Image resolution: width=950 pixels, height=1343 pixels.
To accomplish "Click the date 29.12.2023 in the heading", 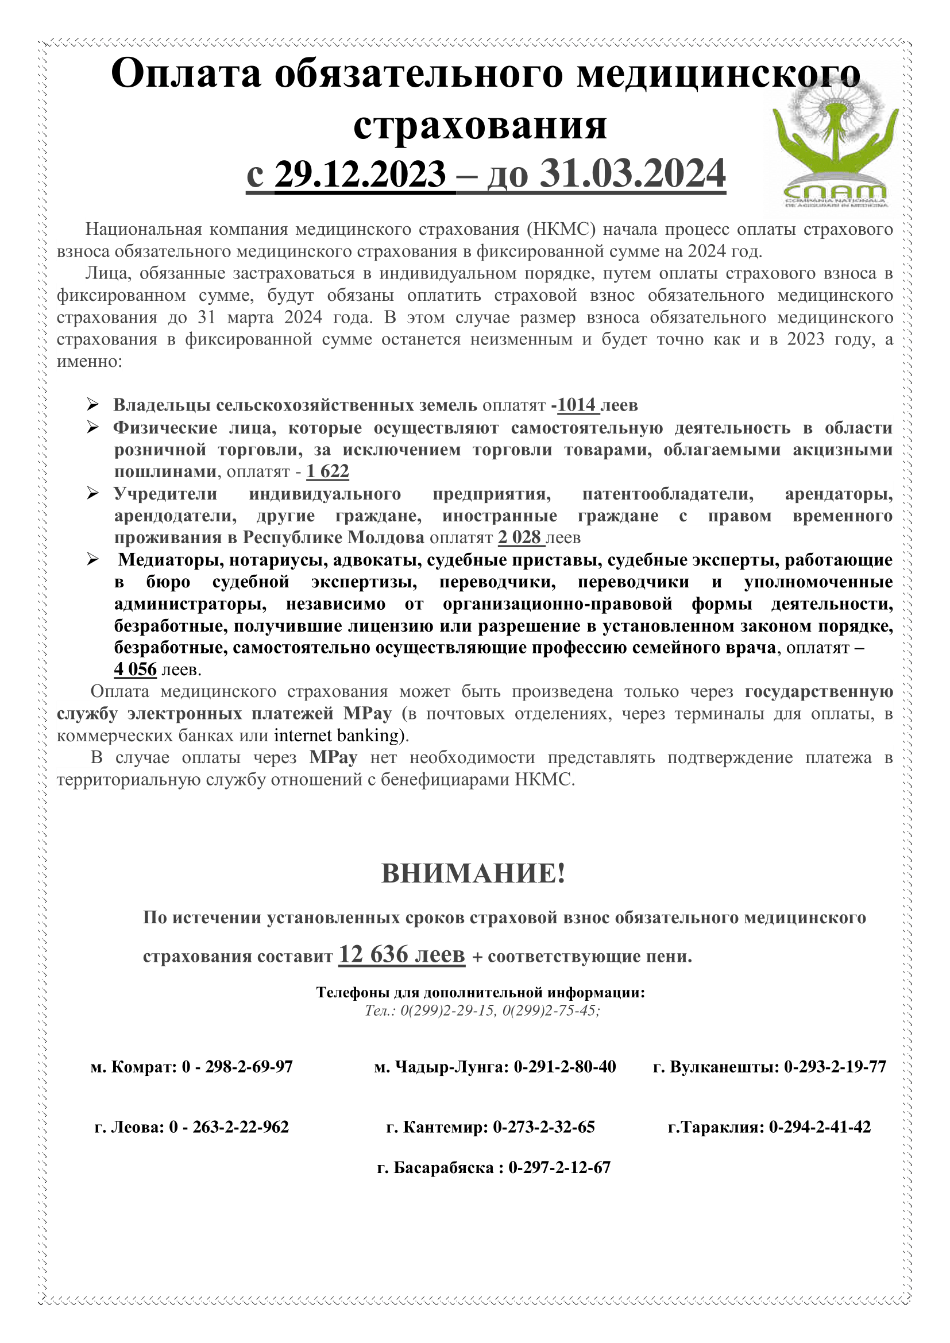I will pyautogui.click(x=360, y=174).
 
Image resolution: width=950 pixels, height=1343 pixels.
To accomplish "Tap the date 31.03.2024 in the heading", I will pyautogui.click(x=632, y=174).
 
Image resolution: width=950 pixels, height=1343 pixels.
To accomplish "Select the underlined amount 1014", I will pyautogui.click(x=576, y=405).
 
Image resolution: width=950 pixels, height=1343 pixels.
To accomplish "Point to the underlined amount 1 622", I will pyautogui.click(x=327, y=471).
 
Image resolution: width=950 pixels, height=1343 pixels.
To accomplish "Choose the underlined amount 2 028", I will pyautogui.click(x=519, y=537).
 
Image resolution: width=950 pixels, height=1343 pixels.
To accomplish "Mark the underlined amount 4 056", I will pyautogui.click(x=135, y=669).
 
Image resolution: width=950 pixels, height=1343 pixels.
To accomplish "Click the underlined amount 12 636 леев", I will pyautogui.click(x=402, y=955).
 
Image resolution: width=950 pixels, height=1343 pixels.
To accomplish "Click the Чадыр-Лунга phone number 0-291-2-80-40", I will pyautogui.click(x=565, y=1066).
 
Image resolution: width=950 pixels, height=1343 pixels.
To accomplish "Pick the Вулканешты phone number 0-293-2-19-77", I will pyautogui.click(x=835, y=1066).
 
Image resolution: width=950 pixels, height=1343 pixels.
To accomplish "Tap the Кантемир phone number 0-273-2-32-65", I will pyautogui.click(x=543, y=1127).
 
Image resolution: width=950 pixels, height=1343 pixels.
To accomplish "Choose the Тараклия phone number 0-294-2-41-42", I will pyautogui.click(x=820, y=1127).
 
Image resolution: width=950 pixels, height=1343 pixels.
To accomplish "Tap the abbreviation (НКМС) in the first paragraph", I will pyautogui.click(x=561, y=229).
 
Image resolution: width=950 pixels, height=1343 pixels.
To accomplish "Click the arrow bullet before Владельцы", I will pyautogui.click(x=93, y=404).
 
